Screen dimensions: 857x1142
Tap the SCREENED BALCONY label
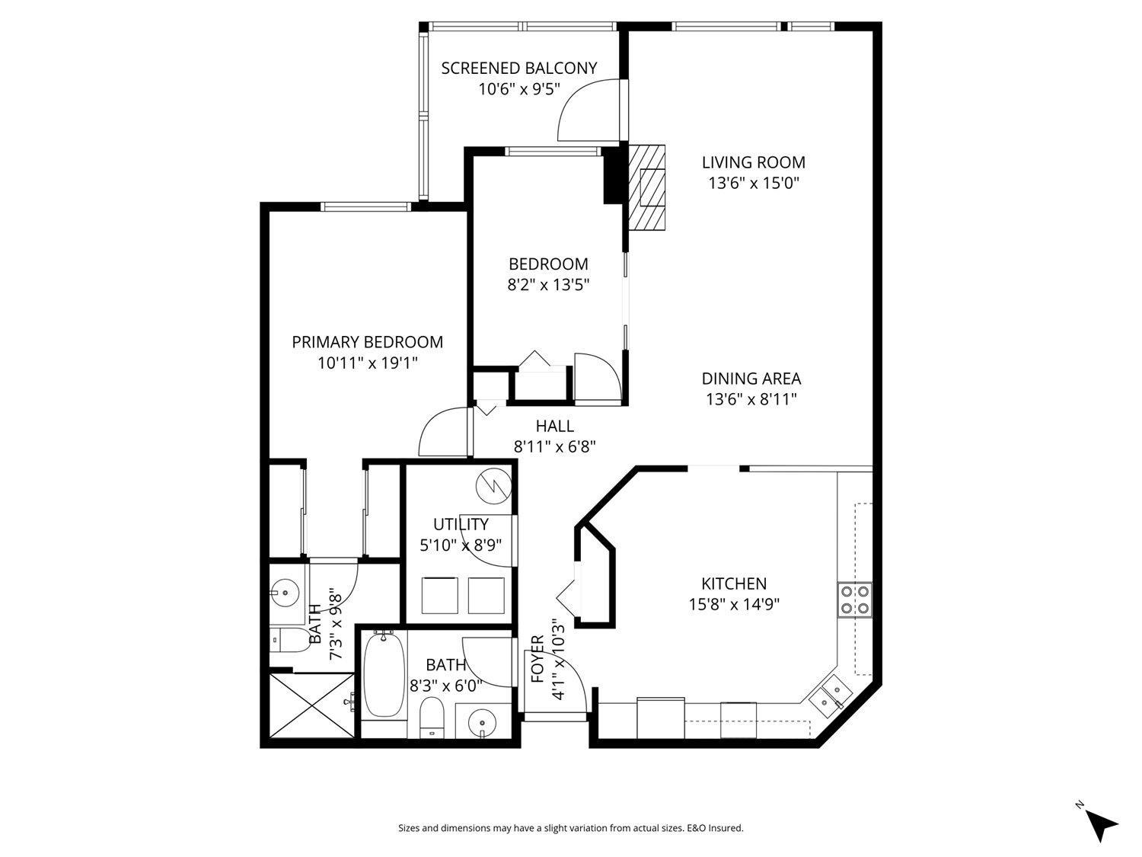point(519,69)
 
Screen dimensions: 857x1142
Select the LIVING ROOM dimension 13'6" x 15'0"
point(753,183)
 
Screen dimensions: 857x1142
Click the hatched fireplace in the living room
point(647,187)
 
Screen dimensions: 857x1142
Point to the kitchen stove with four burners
point(854,599)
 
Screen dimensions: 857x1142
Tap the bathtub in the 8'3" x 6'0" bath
point(384,674)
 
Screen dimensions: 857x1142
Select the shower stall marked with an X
point(312,705)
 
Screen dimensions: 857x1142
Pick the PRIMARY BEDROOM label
point(367,342)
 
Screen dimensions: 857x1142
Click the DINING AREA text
point(751,379)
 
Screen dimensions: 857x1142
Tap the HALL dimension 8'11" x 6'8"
point(554,447)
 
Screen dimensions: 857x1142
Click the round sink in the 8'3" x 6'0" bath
point(481,721)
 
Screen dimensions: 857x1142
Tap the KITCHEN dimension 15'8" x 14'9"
point(733,604)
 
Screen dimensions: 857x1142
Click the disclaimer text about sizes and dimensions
point(570,828)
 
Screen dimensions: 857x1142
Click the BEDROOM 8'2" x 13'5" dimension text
point(548,285)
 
